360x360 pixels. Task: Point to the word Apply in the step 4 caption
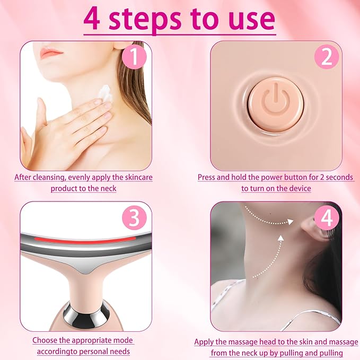click(x=204, y=342)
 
